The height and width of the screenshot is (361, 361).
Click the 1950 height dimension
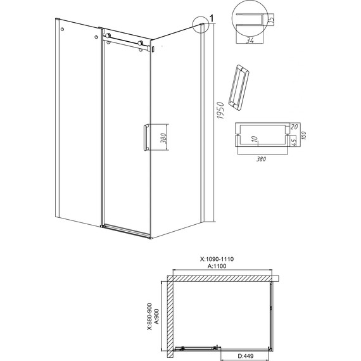pos(220,110)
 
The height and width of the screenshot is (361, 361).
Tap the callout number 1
pos(212,18)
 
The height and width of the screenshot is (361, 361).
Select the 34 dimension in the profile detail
pos(250,41)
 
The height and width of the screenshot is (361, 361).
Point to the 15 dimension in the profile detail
pos(272,20)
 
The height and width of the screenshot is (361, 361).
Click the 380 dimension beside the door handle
pos(163,138)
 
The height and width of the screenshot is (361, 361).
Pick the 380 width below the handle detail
pos(261,159)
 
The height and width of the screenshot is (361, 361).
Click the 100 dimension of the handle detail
pos(303,135)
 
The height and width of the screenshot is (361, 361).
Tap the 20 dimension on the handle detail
pos(294,127)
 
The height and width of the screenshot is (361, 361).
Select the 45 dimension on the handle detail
pos(293,141)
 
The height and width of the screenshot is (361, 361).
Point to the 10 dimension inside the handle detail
pos(255,139)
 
